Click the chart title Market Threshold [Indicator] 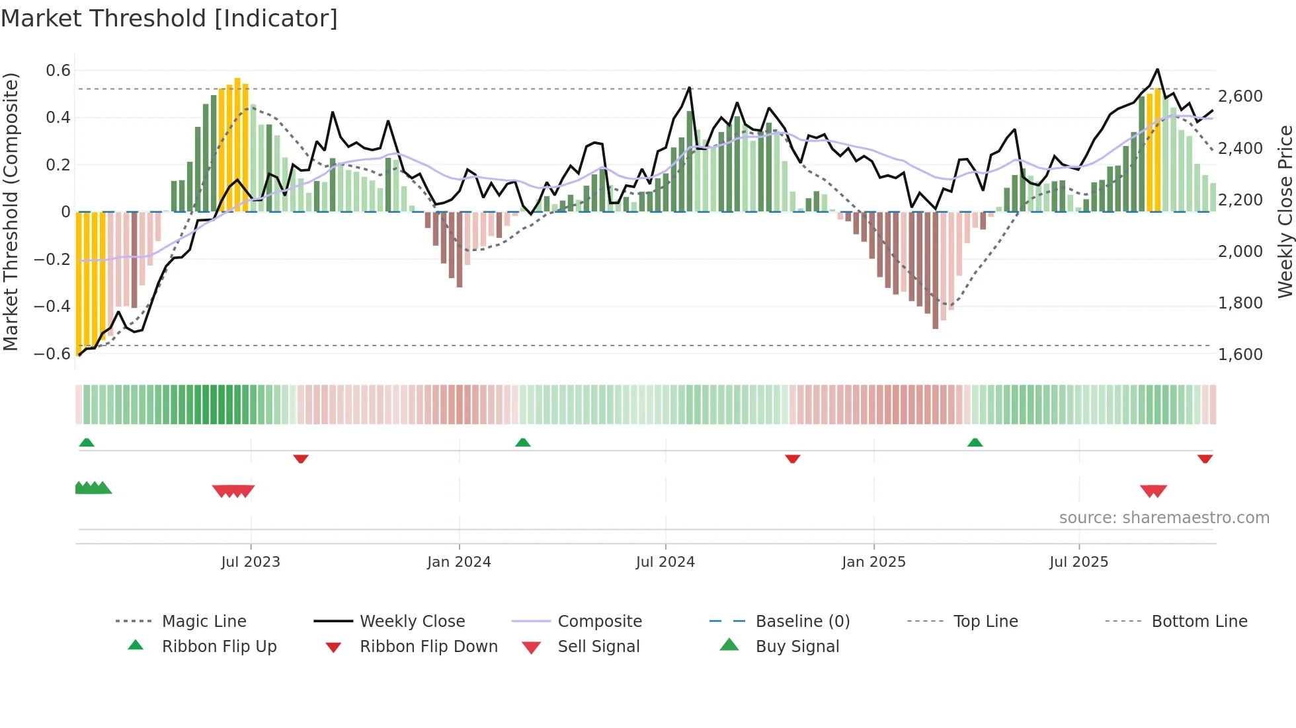click(x=169, y=18)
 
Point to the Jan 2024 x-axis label click(x=459, y=562)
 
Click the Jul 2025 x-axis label click(x=1078, y=562)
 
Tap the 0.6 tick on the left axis click(x=58, y=71)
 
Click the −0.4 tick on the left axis click(x=53, y=306)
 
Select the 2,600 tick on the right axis click(x=1240, y=96)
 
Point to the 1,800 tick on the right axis click(x=1240, y=303)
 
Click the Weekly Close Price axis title click(x=1285, y=211)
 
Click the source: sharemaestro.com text click(x=1164, y=517)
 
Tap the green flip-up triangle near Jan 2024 click(x=522, y=442)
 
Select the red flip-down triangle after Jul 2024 click(x=792, y=458)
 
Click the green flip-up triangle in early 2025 click(x=975, y=442)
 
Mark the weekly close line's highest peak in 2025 click(x=1157, y=69)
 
